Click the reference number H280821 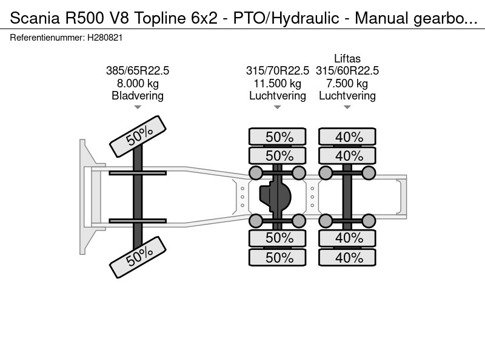[105, 38]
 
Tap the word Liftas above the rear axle [347, 58]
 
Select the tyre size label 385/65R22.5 [138, 71]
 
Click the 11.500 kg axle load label [277, 84]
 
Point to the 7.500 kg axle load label [347, 84]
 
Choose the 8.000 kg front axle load [138, 84]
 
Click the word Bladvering [138, 96]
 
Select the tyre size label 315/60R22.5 [347, 71]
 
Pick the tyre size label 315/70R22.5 [277, 71]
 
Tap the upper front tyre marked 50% [138, 136]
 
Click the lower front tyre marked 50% [138, 257]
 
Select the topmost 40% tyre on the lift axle [347, 136]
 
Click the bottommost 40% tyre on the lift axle [347, 257]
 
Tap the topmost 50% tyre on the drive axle [278, 136]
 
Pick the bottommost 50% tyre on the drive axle [278, 257]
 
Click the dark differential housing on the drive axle [275, 197]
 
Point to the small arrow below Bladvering [138, 107]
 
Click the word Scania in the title [35, 18]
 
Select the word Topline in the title [159, 18]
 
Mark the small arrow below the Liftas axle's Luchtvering [347, 107]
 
